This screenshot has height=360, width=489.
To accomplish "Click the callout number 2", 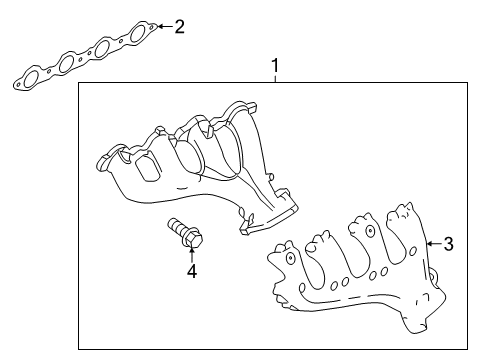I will tap(179, 26).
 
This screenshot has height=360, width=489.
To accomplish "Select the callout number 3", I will tap(449, 243).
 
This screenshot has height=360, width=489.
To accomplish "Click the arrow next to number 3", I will tap(432, 243).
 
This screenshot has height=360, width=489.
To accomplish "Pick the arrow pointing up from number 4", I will tap(190, 252).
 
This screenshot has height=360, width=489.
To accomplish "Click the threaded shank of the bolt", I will tap(178, 227).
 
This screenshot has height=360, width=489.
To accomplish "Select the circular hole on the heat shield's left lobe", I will tap(289, 257).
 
